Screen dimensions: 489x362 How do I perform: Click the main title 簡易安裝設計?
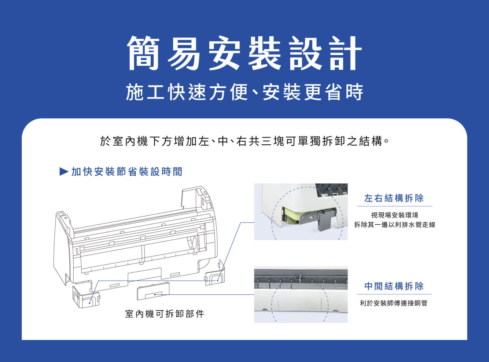click(x=244, y=53)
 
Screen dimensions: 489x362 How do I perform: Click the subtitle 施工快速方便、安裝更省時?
click(x=244, y=92)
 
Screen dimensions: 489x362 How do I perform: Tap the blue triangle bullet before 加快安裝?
click(x=64, y=172)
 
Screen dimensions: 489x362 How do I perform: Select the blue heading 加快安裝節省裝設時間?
click(x=127, y=172)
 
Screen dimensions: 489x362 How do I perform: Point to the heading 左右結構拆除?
click(x=394, y=198)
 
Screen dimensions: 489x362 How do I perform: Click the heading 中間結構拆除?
click(x=394, y=286)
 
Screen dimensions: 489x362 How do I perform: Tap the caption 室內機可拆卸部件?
click(x=164, y=314)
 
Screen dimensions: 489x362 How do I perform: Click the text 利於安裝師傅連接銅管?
click(x=394, y=303)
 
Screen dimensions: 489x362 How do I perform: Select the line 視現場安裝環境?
click(x=395, y=215)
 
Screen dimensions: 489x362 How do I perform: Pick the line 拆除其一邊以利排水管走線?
click(x=395, y=224)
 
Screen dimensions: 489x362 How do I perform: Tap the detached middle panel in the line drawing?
click(x=153, y=291)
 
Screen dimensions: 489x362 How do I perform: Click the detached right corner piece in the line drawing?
click(x=215, y=274)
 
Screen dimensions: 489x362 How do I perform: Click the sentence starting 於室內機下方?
click(x=244, y=141)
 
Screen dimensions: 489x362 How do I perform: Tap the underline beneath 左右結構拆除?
click(x=395, y=206)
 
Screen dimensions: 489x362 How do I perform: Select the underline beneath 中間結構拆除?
click(x=394, y=294)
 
